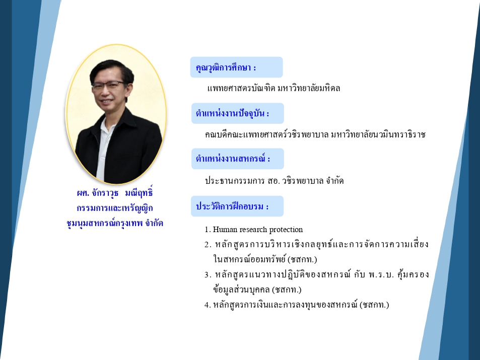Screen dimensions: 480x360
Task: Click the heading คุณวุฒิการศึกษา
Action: click(226, 67)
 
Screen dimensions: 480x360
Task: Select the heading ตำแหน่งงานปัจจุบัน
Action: click(232, 113)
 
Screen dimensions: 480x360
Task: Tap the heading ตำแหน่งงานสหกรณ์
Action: click(233, 159)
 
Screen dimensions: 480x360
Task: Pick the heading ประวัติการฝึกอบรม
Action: click(232, 206)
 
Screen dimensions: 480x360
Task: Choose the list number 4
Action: click(208, 305)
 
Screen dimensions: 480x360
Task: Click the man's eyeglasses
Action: click(109, 85)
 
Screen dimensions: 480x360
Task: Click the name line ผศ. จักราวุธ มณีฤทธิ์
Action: click(115, 193)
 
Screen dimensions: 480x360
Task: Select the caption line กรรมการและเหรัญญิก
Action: click(115, 208)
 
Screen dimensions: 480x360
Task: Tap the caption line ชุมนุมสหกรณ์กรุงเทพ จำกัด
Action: click(115, 223)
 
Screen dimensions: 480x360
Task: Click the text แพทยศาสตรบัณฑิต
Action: click(241, 88)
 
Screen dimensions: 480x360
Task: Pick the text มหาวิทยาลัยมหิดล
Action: click(309, 88)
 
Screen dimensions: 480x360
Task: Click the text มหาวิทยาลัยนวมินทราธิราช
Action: click(378, 134)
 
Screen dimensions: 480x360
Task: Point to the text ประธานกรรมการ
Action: click(235, 181)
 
